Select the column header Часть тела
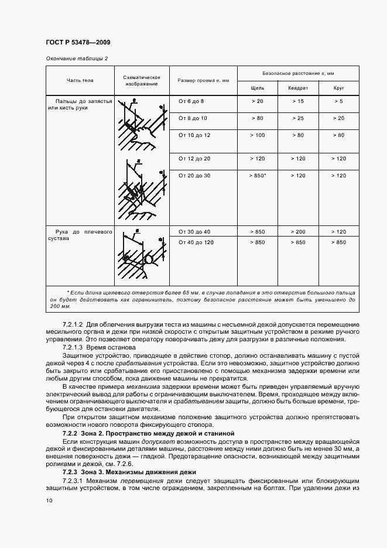[x=80, y=80]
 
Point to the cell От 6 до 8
[x=191, y=101]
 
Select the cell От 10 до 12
[x=194, y=135]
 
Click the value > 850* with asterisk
[x=258, y=175]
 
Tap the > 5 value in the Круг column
[x=338, y=101]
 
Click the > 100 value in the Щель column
[x=257, y=135]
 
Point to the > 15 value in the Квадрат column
[x=298, y=101]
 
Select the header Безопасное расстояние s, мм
[x=298, y=73]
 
